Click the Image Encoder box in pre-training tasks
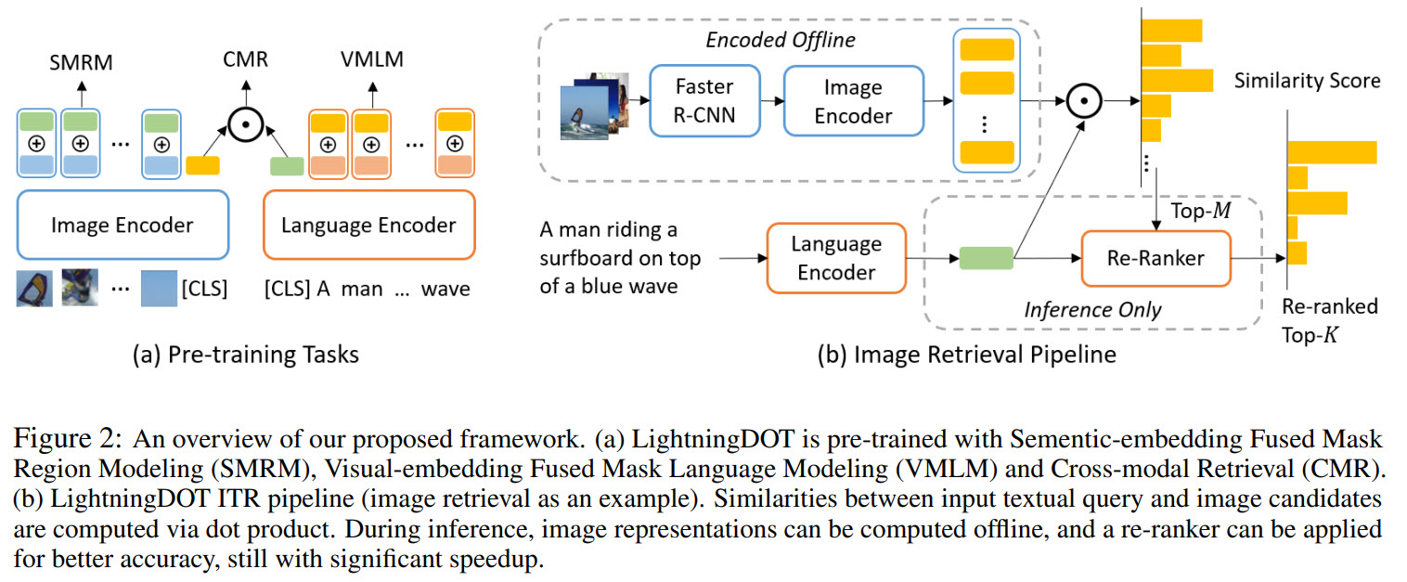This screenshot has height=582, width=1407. [123, 225]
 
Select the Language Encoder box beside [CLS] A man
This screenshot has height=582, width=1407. [368, 225]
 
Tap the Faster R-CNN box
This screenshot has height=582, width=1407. [703, 102]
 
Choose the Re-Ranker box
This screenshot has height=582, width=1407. [1155, 257]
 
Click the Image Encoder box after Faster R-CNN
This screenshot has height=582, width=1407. [852, 102]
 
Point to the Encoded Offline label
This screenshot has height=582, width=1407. [781, 40]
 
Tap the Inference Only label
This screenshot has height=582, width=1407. [1091, 309]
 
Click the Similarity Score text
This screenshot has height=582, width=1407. [1307, 81]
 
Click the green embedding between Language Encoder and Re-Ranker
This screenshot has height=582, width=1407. [985, 257]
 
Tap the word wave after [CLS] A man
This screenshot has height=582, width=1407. [445, 289]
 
